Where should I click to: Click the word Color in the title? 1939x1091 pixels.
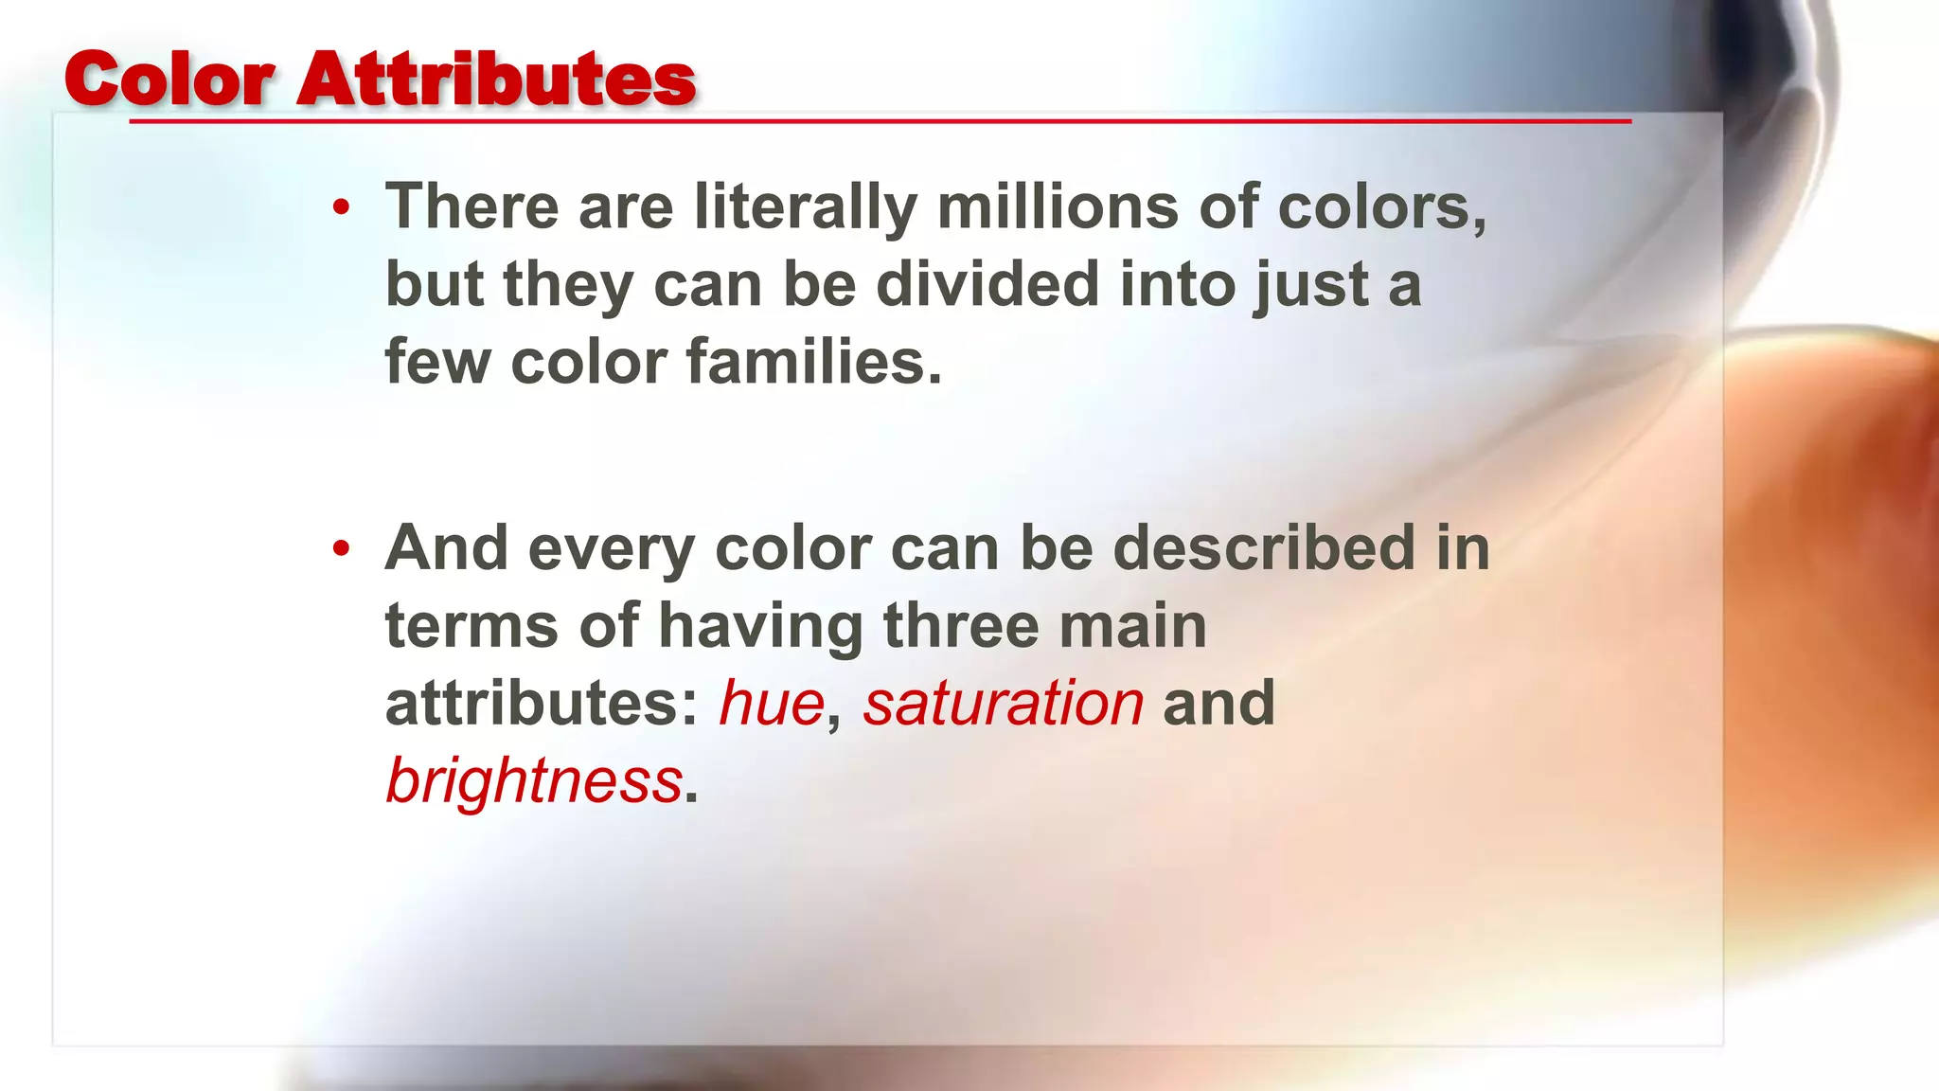(x=169, y=80)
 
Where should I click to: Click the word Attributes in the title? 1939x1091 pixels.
(x=496, y=80)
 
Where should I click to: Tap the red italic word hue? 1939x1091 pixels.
(x=772, y=704)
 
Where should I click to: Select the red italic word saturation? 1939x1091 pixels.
(x=1004, y=704)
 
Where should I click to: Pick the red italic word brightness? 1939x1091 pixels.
(x=534, y=781)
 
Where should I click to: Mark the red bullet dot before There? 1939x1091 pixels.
(x=342, y=206)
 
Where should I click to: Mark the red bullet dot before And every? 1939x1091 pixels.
(x=342, y=548)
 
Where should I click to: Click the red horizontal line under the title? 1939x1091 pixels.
(x=881, y=121)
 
